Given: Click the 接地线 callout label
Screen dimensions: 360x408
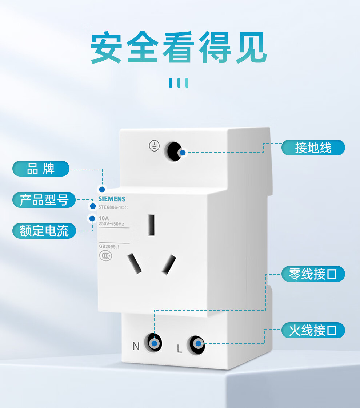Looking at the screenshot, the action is click(x=313, y=148).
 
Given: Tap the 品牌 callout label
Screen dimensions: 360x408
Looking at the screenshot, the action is click(x=41, y=169).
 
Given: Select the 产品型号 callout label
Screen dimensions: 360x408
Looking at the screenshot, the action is click(x=44, y=200).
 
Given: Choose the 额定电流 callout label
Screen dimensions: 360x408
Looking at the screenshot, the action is click(x=44, y=231).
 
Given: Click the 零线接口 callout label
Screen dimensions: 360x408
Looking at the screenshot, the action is click(x=313, y=274).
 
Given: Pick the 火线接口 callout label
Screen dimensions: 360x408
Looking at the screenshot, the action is click(x=313, y=330).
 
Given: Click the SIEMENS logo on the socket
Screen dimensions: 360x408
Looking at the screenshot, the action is click(x=112, y=199).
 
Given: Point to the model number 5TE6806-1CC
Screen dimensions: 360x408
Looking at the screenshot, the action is click(x=113, y=207).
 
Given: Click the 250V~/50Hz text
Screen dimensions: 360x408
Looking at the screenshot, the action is click(x=111, y=224).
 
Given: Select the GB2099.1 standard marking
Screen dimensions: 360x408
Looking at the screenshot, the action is click(x=109, y=246).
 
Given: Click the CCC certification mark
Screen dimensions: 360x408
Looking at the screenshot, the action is click(x=105, y=256).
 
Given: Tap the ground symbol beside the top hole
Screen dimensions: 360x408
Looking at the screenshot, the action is click(x=154, y=146).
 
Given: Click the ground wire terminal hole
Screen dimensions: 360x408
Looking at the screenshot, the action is click(x=174, y=151).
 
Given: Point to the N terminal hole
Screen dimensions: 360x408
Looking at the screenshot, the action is click(x=153, y=343).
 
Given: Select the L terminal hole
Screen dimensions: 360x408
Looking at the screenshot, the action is click(x=196, y=344).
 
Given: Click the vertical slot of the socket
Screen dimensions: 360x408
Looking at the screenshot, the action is click(x=151, y=225).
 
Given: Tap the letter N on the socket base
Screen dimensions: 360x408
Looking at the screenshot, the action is click(x=136, y=346).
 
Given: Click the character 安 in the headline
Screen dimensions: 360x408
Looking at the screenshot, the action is click(x=106, y=48).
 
